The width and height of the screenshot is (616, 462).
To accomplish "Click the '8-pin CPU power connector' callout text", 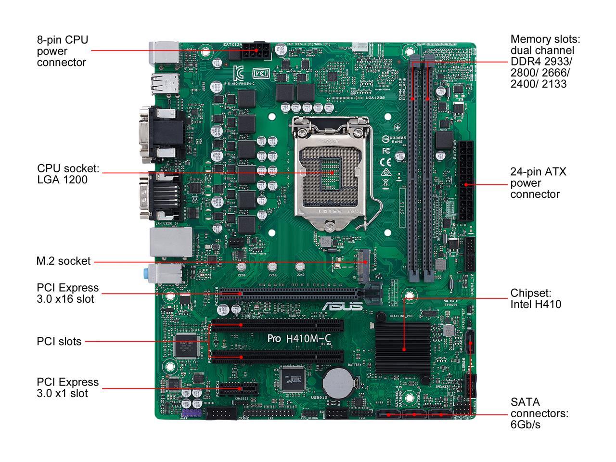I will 63,51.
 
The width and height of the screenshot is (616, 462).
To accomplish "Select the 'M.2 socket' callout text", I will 64,261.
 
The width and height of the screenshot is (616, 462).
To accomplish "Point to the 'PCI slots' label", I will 59,341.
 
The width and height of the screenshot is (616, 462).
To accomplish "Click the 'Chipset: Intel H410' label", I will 535,298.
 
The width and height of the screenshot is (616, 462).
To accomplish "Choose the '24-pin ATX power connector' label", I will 538,183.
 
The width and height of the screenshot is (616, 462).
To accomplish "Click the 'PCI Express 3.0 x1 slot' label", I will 67,387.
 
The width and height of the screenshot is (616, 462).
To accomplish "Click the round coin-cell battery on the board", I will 335,382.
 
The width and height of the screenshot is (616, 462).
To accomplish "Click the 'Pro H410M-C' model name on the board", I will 298,338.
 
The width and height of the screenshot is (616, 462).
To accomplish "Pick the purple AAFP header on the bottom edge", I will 191,414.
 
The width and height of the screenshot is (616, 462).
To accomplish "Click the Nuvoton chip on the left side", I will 185,345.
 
